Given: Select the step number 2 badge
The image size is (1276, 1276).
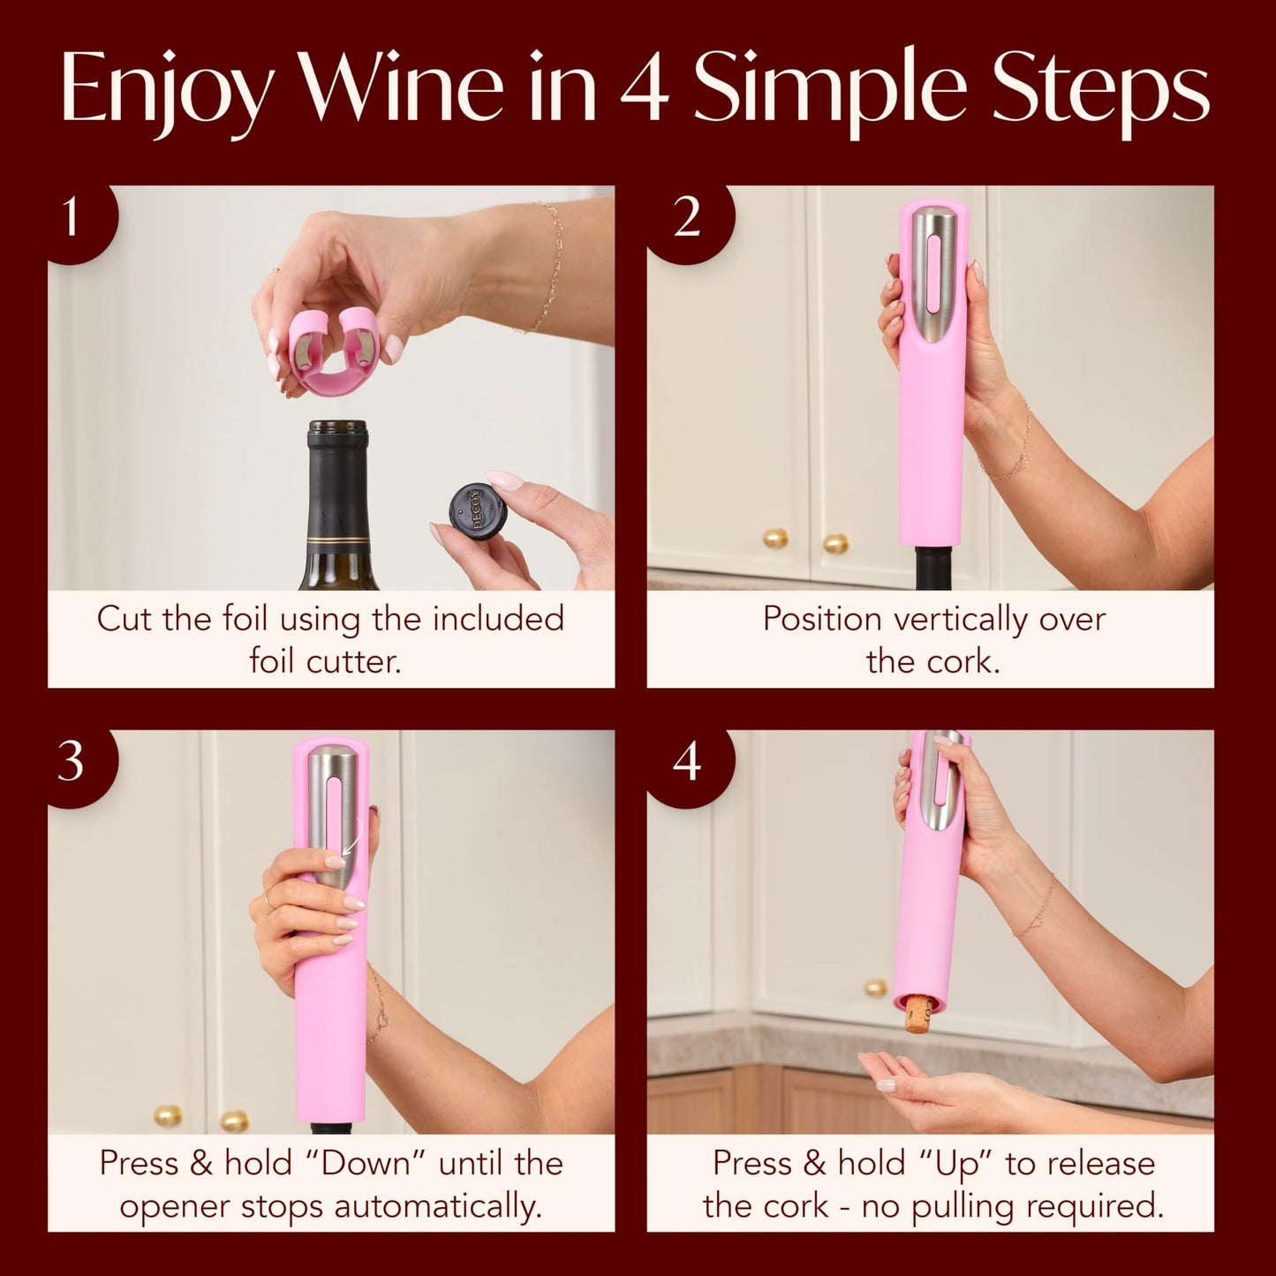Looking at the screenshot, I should pyautogui.click(x=686, y=218).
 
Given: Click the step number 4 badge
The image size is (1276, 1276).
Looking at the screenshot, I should pyautogui.click(x=686, y=762).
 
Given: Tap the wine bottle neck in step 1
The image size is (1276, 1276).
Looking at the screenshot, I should pyautogui.click(x=337, y=495).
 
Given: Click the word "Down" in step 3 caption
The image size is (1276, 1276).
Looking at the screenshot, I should pyautogui.click(x=366, y=1163).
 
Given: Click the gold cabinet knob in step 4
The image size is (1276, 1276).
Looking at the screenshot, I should pyautogui.click(x=874, y=987).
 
